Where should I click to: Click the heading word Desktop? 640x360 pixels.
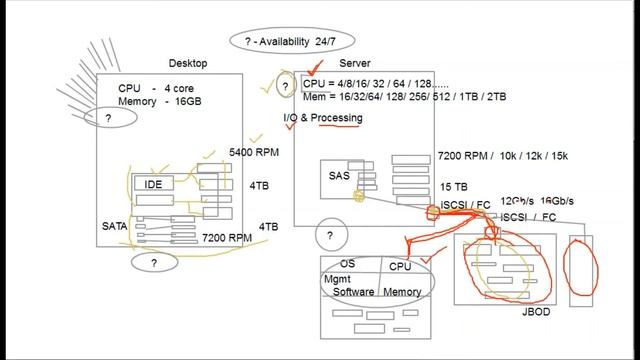188,63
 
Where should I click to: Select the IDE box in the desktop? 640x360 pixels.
153,185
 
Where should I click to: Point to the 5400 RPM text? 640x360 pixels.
254,152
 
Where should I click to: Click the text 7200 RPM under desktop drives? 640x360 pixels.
226,238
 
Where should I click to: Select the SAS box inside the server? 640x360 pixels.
340,176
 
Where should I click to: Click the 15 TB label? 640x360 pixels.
453,187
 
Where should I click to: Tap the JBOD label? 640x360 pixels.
536,312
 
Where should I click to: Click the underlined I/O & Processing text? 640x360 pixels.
323,119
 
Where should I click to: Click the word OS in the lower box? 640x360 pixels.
348,264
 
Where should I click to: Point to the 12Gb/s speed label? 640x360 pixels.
517,200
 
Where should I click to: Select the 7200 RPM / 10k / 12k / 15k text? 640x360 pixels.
503,157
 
